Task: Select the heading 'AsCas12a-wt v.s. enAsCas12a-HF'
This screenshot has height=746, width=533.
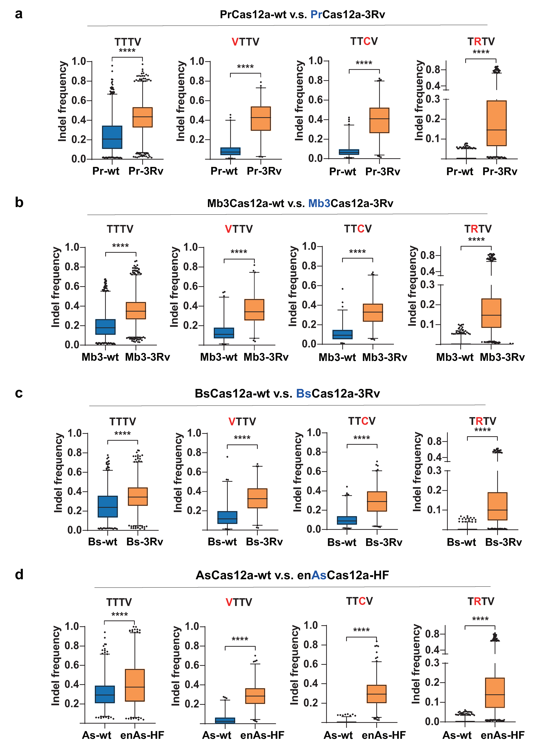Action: (292, 575)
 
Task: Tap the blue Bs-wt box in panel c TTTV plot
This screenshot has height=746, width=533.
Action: (108, 506)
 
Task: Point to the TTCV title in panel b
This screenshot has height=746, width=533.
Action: (358, 229)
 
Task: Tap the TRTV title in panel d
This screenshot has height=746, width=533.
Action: (481, 601)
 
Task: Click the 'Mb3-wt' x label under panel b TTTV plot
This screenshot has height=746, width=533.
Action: (100, 357)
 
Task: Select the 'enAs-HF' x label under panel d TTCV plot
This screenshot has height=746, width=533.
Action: (384, 735)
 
